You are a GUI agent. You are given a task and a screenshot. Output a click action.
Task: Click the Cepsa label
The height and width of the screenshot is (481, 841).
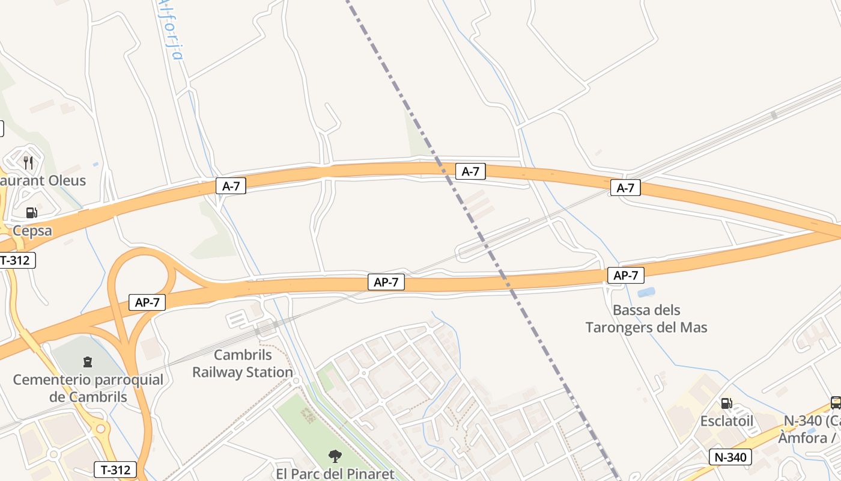coord(32,230)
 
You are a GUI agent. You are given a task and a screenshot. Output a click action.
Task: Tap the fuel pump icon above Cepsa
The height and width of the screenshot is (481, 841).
coord(31,212)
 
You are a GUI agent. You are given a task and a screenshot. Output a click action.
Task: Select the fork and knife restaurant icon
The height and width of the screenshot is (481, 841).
coord(28,162)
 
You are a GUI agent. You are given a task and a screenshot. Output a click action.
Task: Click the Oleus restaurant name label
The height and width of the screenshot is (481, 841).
coord(42,180)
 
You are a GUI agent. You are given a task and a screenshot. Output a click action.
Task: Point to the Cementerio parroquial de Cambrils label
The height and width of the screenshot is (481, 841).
coord(88,388)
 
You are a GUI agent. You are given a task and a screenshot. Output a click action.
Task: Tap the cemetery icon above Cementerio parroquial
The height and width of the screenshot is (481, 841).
coord(88,362)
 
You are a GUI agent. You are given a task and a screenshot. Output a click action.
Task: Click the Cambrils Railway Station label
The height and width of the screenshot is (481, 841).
coord(242,364)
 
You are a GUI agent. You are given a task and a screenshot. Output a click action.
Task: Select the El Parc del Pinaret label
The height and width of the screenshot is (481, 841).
coord(335,474)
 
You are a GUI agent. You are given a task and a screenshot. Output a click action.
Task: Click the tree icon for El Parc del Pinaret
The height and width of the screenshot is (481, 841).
coord(335,456)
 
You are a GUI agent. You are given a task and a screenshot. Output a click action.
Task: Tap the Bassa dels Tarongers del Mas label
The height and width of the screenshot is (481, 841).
coord(646,319)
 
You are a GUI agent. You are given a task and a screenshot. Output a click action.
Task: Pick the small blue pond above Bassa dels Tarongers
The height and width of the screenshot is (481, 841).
coord(646,292)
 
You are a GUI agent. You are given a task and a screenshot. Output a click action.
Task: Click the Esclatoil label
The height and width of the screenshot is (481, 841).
coord(726,421)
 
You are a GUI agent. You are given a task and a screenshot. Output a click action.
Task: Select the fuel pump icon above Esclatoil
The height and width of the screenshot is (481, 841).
coord(726,403)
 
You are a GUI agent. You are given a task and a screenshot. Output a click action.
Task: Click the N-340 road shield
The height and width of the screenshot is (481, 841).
coord(730,457)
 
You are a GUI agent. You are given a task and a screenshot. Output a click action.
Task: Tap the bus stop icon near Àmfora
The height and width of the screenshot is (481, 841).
coord(835,402)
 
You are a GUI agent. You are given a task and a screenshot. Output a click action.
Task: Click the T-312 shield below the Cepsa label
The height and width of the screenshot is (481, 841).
coord(17,260)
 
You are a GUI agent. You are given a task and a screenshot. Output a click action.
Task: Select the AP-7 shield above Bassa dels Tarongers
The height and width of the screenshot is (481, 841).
coord(626,275)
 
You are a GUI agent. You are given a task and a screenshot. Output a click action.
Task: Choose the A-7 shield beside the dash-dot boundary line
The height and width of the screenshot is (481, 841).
coord(470,171)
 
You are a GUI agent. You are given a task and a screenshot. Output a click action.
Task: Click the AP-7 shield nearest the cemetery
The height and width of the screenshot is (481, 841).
coord(147,302)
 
